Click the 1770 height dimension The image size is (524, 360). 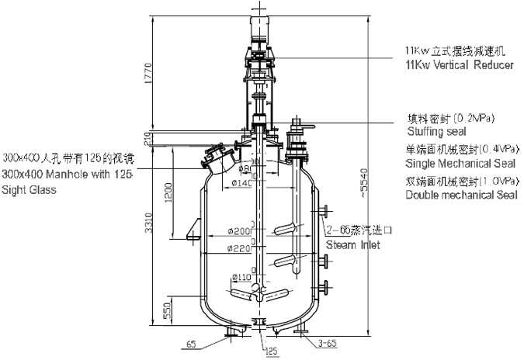coord(158,76)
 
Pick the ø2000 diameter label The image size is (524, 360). coord(242,231)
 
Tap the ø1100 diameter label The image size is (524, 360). coord(241,277)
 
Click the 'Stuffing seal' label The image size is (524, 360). coord(431,132)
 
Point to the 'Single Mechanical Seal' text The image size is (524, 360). coord(453,164)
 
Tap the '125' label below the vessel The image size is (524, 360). coord(272,351)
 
